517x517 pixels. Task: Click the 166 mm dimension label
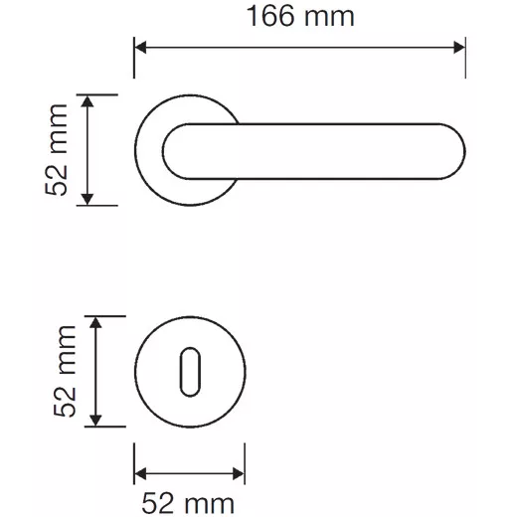click(300, 16)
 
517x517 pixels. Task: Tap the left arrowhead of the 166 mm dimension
click(140, 48)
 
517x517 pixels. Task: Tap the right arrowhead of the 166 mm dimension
click(459, 48)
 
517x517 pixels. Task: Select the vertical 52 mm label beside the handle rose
click(57, 150)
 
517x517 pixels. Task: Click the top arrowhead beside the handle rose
click(87, 101)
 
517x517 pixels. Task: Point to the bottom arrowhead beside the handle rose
click(87, 199)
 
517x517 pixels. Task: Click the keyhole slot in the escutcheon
click(190, 372)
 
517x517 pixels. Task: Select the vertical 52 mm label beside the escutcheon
click(65, 371)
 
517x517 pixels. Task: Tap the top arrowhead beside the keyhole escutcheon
click(95, 322)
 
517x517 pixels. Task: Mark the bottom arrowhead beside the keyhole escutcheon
click(95, 421)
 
